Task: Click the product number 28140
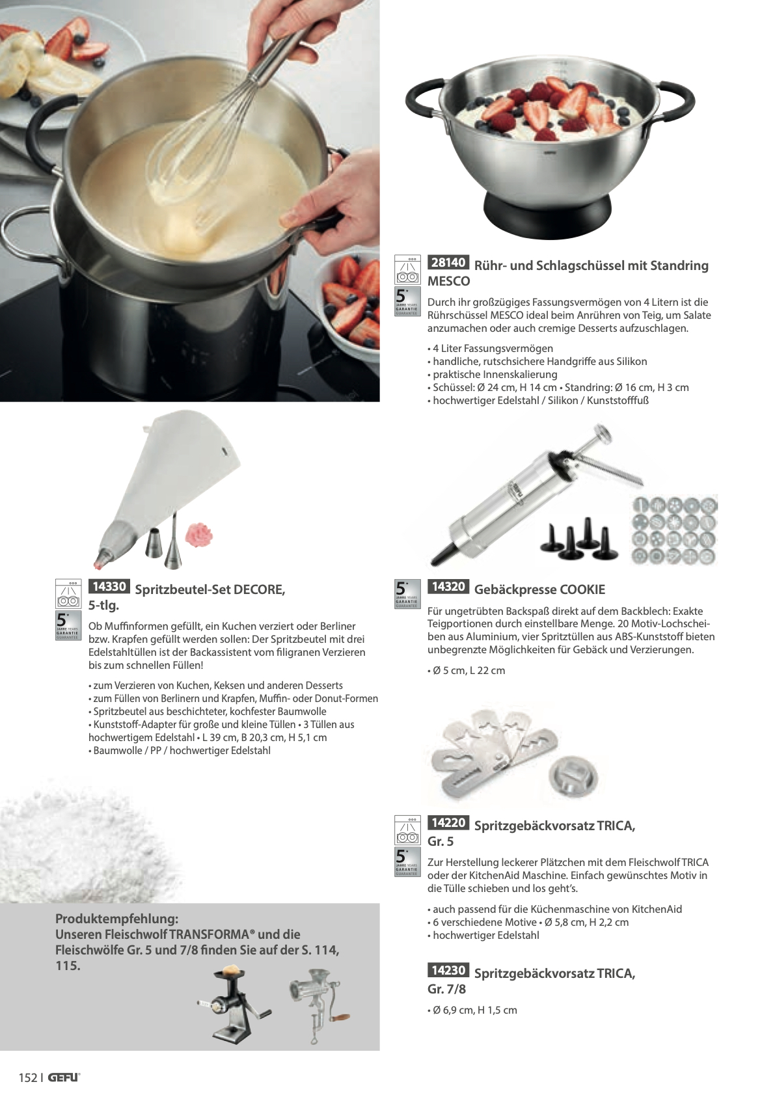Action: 448,262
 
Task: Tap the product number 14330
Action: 109,586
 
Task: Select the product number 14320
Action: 448,586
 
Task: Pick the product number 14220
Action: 448,822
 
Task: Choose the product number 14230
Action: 448,970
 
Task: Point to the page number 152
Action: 28,1077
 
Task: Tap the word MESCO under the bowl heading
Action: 448,281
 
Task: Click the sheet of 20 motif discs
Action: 673,530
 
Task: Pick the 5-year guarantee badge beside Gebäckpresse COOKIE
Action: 407,593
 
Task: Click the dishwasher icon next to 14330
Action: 68,593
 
